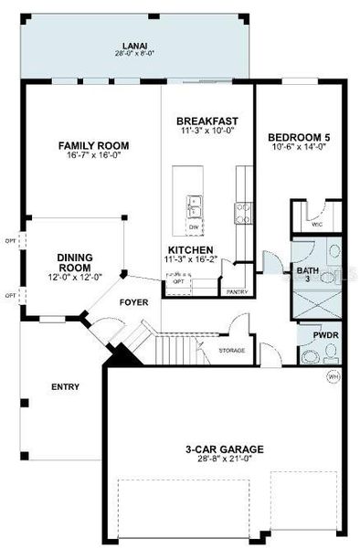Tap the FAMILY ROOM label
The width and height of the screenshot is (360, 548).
[93, 145]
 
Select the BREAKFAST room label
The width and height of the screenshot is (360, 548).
[206, 120]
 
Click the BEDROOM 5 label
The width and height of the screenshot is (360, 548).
[298, 139]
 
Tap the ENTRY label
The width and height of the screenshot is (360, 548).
[66, 386]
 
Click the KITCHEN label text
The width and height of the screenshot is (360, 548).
[190, 249]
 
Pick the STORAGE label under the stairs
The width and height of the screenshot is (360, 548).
[231, 351]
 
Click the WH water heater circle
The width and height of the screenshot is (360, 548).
[333, 374]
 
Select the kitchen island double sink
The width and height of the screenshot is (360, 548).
[193, 207]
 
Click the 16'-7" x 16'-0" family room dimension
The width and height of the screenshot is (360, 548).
[93, 155]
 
